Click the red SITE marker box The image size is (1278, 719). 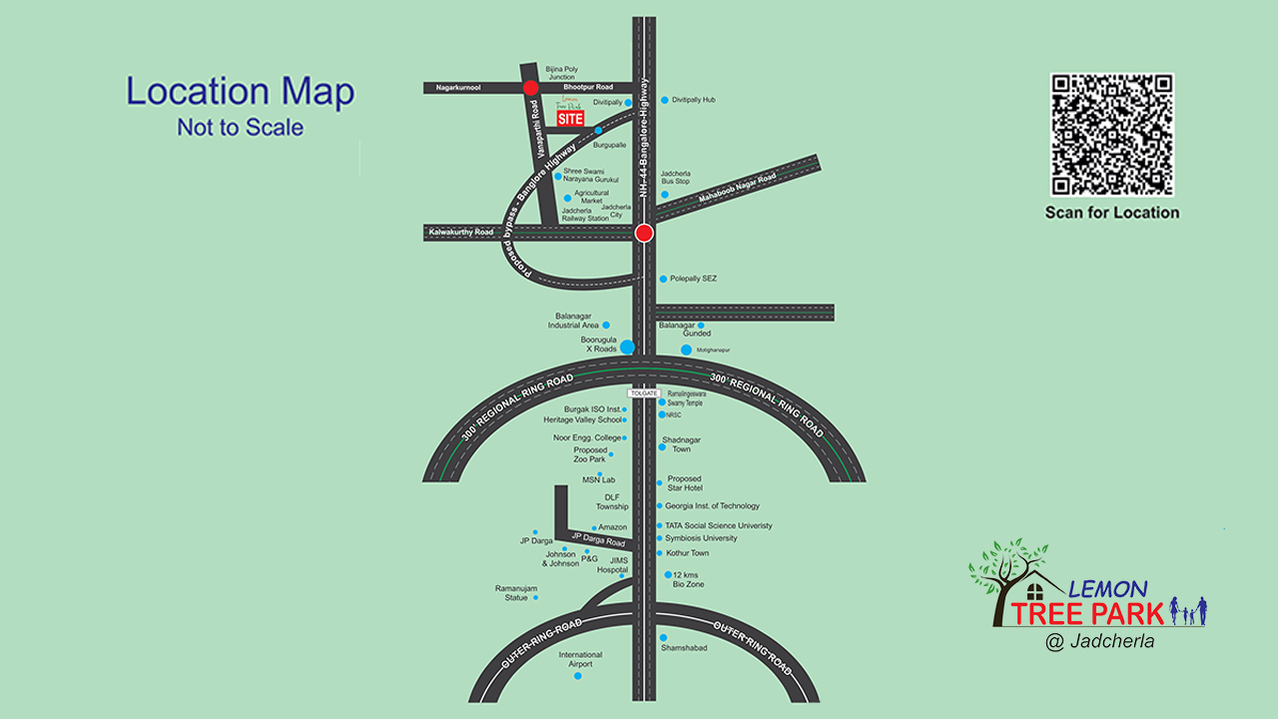pos(570,119)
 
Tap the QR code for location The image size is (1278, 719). pos(1111,135)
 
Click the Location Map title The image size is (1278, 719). pos(240,92)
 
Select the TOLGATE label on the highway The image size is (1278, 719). pos(644,393)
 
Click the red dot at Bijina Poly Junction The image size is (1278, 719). pos(530,88)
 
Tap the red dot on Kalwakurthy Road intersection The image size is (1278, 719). pos(644,233)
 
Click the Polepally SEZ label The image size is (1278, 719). pos(693,279)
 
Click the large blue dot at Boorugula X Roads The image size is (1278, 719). pos(627,347)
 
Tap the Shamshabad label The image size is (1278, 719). pos(683,648)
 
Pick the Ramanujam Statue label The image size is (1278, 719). pos(516,593)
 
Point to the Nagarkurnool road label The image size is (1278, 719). pos(458,88)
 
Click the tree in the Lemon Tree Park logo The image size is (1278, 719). pos(1006,579)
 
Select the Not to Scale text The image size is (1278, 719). pos(240,128)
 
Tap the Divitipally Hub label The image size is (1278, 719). pos(693,100)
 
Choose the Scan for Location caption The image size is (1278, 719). pos(1111,213)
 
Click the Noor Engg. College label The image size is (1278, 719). pos(586,437)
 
